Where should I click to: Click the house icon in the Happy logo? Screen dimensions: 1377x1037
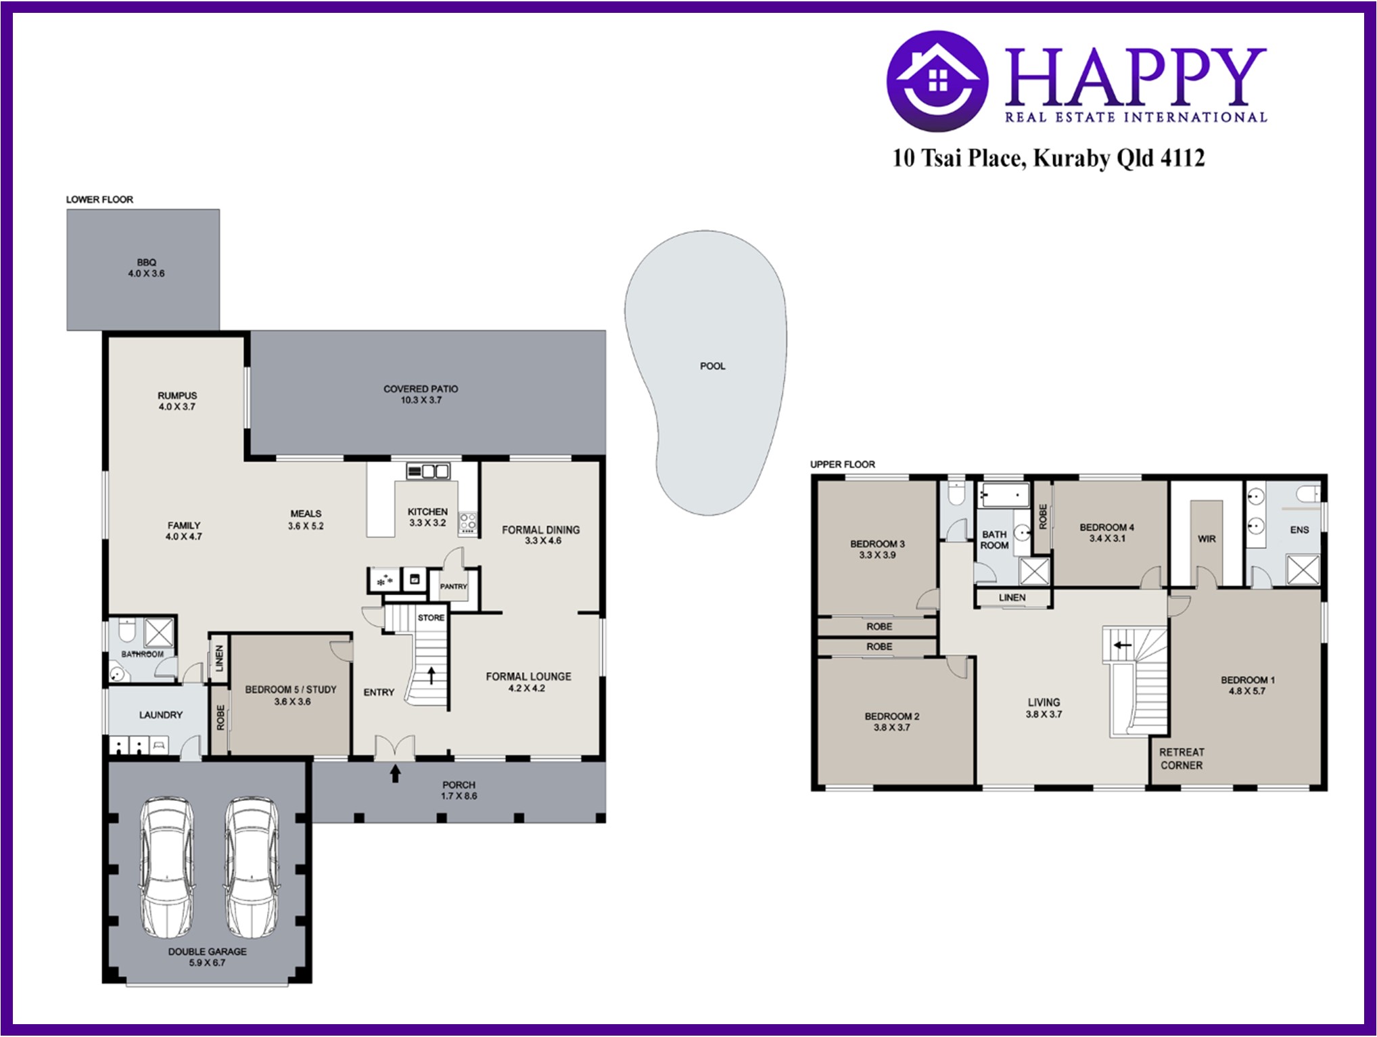pos(937,81)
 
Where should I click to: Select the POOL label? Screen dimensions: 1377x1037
pos(712,366)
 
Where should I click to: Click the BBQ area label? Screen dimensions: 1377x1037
pos(146,262)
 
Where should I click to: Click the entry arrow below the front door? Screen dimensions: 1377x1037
pos(395,774)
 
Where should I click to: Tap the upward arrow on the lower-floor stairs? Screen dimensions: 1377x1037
pos(431,676)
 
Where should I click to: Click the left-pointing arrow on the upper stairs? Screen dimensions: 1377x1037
pos(1123,645)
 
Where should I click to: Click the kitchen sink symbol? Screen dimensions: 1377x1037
pos(427,471)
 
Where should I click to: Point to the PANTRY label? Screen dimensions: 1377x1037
pos(453,586)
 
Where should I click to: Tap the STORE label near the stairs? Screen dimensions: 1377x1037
pos(431,618)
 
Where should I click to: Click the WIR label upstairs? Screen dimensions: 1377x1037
pos(1207,539)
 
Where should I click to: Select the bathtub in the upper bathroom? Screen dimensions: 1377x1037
pos(1004,496)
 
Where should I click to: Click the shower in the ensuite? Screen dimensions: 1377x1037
pos(1303,569)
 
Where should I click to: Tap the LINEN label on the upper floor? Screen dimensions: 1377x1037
pos(1012,597)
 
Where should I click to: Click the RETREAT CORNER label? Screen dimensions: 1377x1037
pos(1182,758)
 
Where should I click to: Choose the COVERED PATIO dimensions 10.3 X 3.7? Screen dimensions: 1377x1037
pos(421,400)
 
